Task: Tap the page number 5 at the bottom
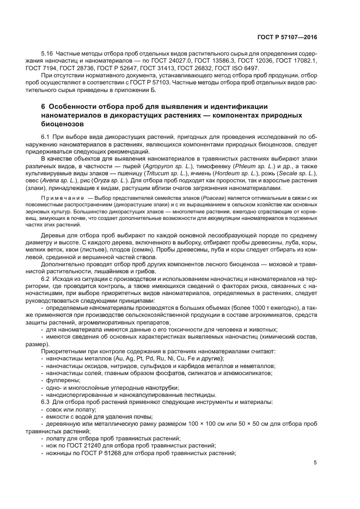pos(315,463)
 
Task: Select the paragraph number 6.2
pos(46,279)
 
